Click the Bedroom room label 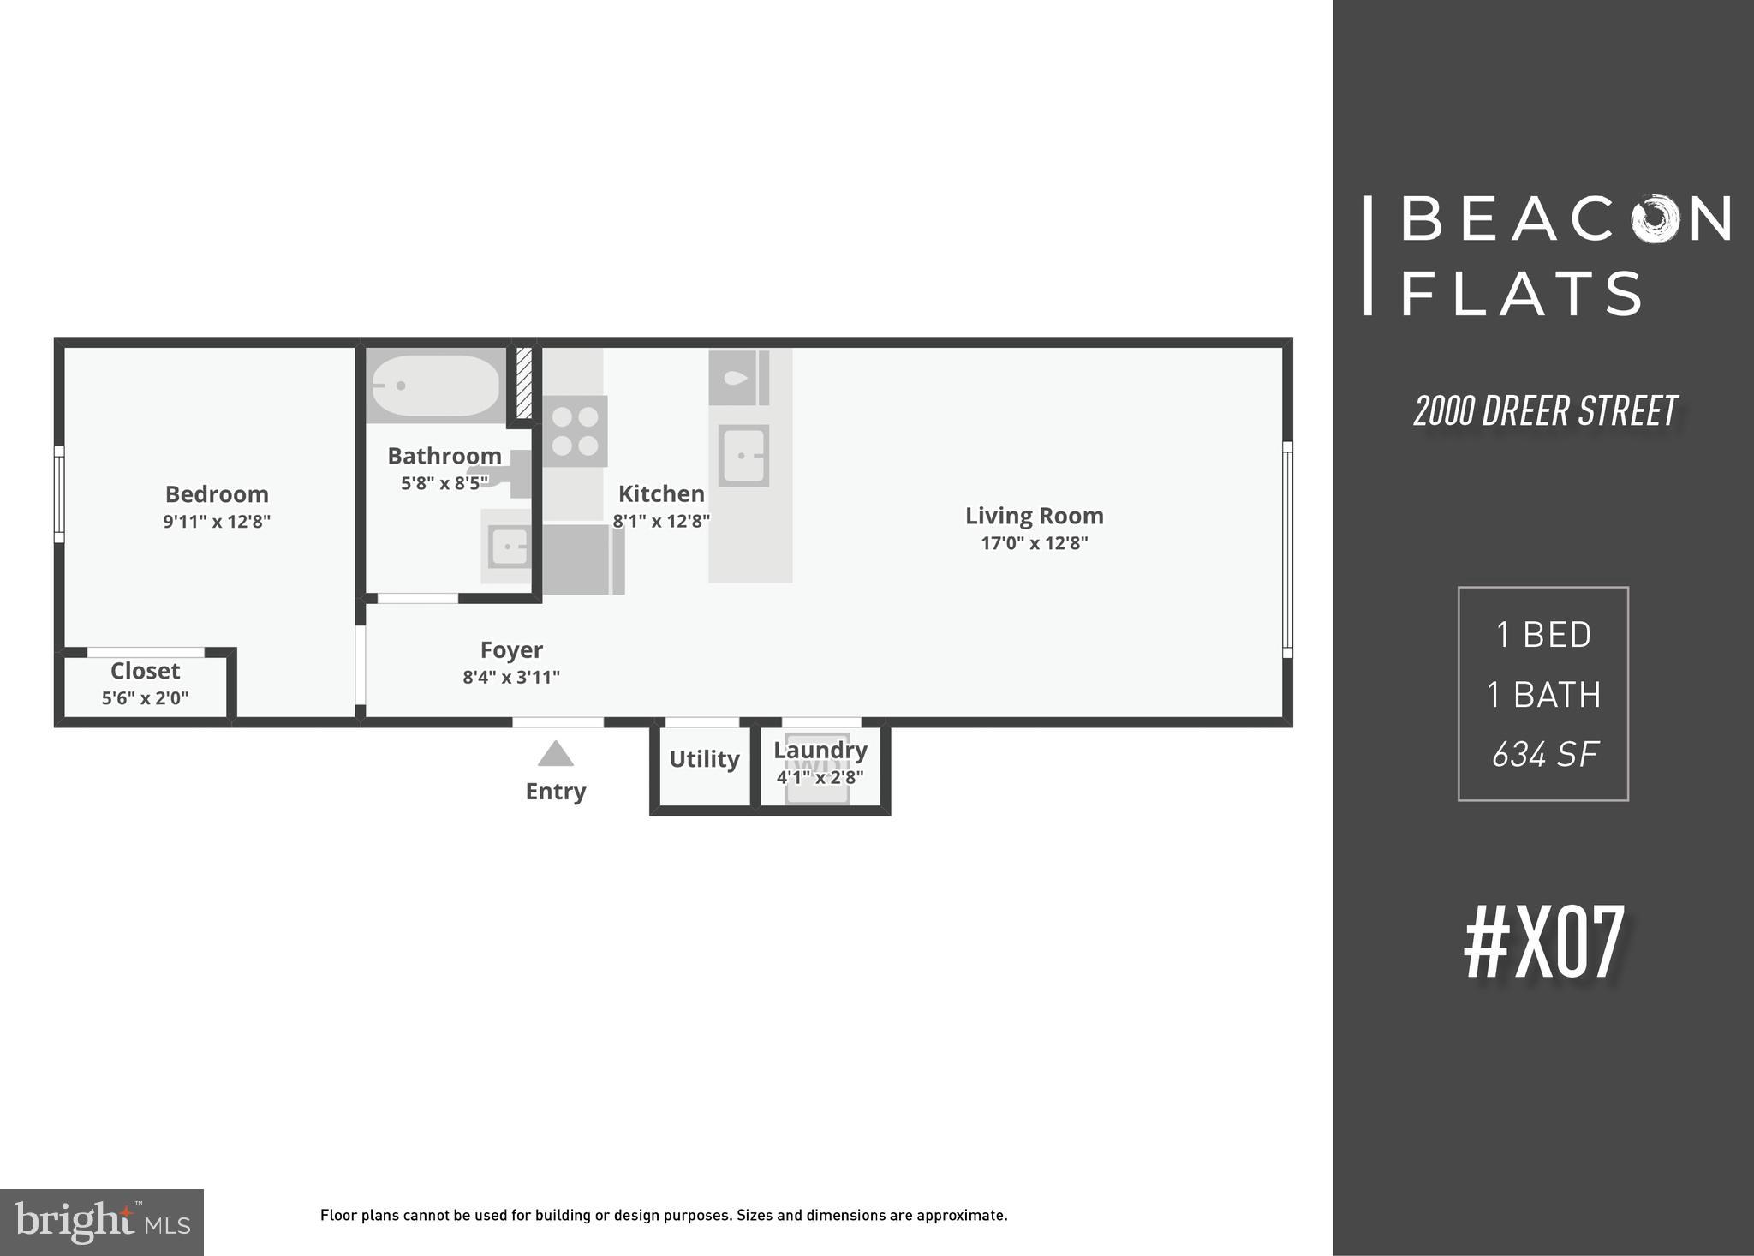point(217,494)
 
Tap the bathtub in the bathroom point(435,386)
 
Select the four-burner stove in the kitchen point(575,432)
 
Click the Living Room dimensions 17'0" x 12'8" point(1034,543)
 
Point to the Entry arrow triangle point(555,754)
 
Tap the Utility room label point(704,759)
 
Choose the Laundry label point(820,751)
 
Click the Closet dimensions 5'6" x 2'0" point(145,698)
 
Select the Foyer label point(511,650)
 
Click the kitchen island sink point(743,456)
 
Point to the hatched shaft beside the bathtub point(523,383)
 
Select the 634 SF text point(1544,755)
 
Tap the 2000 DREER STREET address point(1545,412)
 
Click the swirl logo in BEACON point(1656,219)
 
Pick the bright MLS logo point(101,1223)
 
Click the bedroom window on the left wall point(59,494)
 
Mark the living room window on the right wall point(1286,549)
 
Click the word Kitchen point(661,494)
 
